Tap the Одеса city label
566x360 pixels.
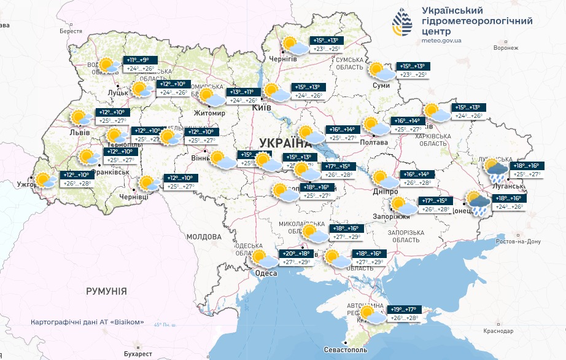266,273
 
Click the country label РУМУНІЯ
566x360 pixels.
106,291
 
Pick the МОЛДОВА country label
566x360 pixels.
203,237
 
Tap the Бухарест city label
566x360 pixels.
137,354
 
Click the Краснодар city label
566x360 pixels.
498,331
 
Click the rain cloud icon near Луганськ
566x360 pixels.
496,168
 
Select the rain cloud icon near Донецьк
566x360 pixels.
478,202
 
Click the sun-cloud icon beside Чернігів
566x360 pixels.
295,45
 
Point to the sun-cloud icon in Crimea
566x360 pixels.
373,315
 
